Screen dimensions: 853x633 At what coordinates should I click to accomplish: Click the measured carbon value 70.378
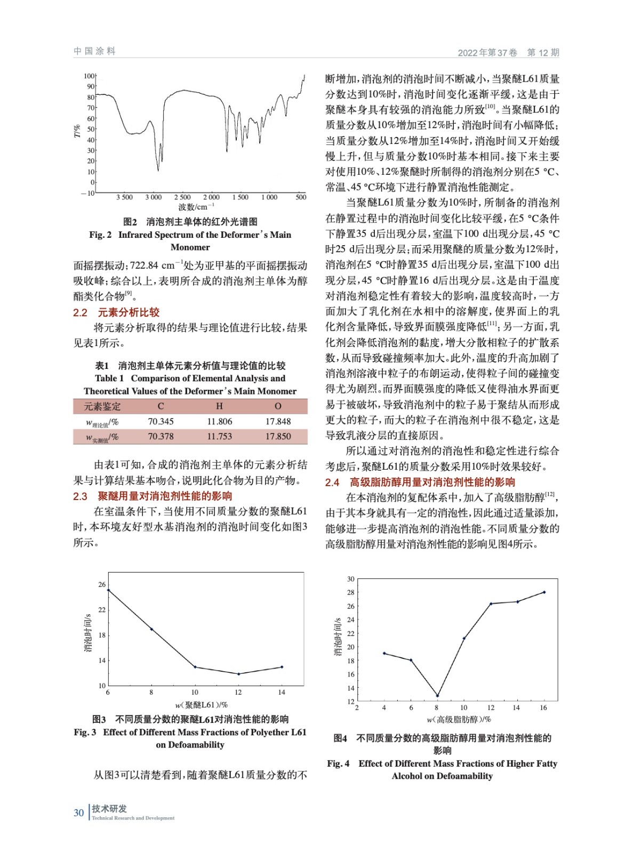pyautogui.click(x=161, y=436)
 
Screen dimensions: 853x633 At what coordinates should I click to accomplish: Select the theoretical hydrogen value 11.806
pyautogui.click(x=219, y=421)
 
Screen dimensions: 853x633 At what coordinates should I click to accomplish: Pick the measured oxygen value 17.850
pyautogui.click(x=278, y=436)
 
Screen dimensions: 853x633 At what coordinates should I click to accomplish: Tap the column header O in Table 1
pyautogui.click(x=278, y=406)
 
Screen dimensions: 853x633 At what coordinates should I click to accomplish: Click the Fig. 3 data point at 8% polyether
pyautogui.click(x=151, y=629)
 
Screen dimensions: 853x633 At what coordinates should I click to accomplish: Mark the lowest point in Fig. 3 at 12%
pyautogui.click(x=238, y=674)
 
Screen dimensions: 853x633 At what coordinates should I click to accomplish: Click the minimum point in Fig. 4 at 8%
pyautogui.click(x=437, y=695)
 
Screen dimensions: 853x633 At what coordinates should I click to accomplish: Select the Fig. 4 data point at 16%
pyautogui.click(x=544, y=592)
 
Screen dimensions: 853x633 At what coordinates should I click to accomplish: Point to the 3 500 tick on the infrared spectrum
pyautogui.click(x=124, y=197)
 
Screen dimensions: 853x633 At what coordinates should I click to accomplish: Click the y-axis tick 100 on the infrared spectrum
pyautogui.click(x=89, y=76)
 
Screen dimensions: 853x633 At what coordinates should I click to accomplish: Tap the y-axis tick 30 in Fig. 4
pyautogui.click(x=350, y=579)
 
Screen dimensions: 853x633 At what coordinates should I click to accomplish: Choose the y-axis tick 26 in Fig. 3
pyautogui.click(x=101, y=584)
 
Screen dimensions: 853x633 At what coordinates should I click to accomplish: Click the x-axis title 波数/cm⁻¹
pyautogui.click(x=196, y=207)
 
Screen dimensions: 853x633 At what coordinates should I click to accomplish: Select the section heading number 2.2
pyautogui.click(x=80, y=312)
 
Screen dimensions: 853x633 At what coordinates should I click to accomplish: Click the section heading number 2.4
pyautogui.click(x=332, y=482)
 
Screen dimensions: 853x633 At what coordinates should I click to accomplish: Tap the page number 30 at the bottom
pyautogui.click(x=78, y=813)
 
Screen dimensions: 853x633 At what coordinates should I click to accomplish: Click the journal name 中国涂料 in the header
pyautogui.click(x=94, y=51)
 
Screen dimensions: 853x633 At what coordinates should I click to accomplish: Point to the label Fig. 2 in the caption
pyautogui.click(x=100, y=235)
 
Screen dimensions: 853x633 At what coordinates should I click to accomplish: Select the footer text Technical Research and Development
pyautogui.click(x=133, y=818)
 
